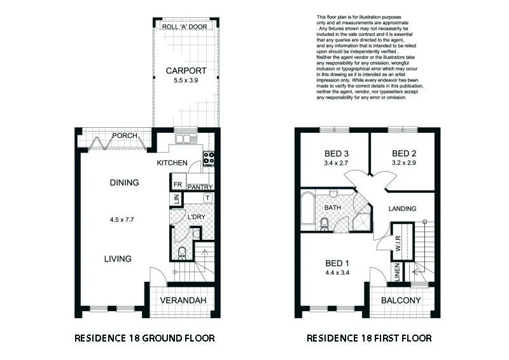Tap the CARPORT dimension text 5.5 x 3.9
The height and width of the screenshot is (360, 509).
point(185,81)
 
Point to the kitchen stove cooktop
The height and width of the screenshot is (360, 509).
point(208,158)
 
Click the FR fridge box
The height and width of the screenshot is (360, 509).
point(178,184)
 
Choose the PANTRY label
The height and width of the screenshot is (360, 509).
point(199,187)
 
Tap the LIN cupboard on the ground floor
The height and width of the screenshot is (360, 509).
point(175,200)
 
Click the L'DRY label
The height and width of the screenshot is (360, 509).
point(195,218)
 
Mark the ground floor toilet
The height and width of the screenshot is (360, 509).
point(183,253)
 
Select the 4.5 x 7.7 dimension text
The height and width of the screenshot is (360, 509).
point(124,220)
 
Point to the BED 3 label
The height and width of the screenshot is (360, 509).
point(335,153)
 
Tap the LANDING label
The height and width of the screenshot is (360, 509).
point(402,209)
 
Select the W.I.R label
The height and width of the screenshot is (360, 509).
point(398,242)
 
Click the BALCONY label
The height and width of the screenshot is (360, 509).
point(401,300)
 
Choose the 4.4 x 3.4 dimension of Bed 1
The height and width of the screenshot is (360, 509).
point(337,273)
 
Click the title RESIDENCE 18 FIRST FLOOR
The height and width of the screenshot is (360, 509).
point(368,338)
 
